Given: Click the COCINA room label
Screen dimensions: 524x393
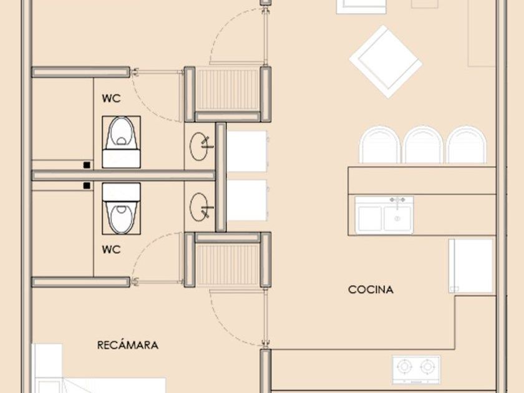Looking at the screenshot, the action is pos(371,289).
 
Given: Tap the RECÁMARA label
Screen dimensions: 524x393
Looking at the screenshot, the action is pos(128,345).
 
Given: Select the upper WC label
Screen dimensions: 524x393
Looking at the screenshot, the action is pos(111,99).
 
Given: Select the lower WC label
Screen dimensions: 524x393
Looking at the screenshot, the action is pos(111,250).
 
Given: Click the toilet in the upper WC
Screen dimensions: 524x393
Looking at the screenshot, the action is pos(121,142).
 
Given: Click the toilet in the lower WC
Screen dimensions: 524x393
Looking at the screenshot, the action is pos(121,208).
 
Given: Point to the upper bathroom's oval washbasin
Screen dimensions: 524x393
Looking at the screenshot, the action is pos(199,147).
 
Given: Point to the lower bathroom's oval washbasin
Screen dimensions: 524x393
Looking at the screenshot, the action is pos(199,207).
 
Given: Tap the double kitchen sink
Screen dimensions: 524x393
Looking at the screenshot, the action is pos(384,215).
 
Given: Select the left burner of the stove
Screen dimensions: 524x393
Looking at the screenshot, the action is pos(404,367).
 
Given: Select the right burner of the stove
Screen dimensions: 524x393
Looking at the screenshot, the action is pos(427,367).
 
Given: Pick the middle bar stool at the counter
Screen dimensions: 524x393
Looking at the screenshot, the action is pos(423,145).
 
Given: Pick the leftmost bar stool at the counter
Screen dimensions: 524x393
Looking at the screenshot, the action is pos(380,145).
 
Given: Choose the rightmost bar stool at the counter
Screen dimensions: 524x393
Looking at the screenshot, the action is pos(466,145).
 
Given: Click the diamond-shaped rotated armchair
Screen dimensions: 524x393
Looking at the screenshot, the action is pos(386,62).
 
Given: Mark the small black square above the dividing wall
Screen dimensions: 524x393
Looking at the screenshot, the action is pos(87,165).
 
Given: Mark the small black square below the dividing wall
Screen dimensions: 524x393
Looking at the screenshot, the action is pos(87,185).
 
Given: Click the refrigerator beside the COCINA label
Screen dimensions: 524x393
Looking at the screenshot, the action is pos(472,266).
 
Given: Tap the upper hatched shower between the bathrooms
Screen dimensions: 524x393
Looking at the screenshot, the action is pos(227,90).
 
